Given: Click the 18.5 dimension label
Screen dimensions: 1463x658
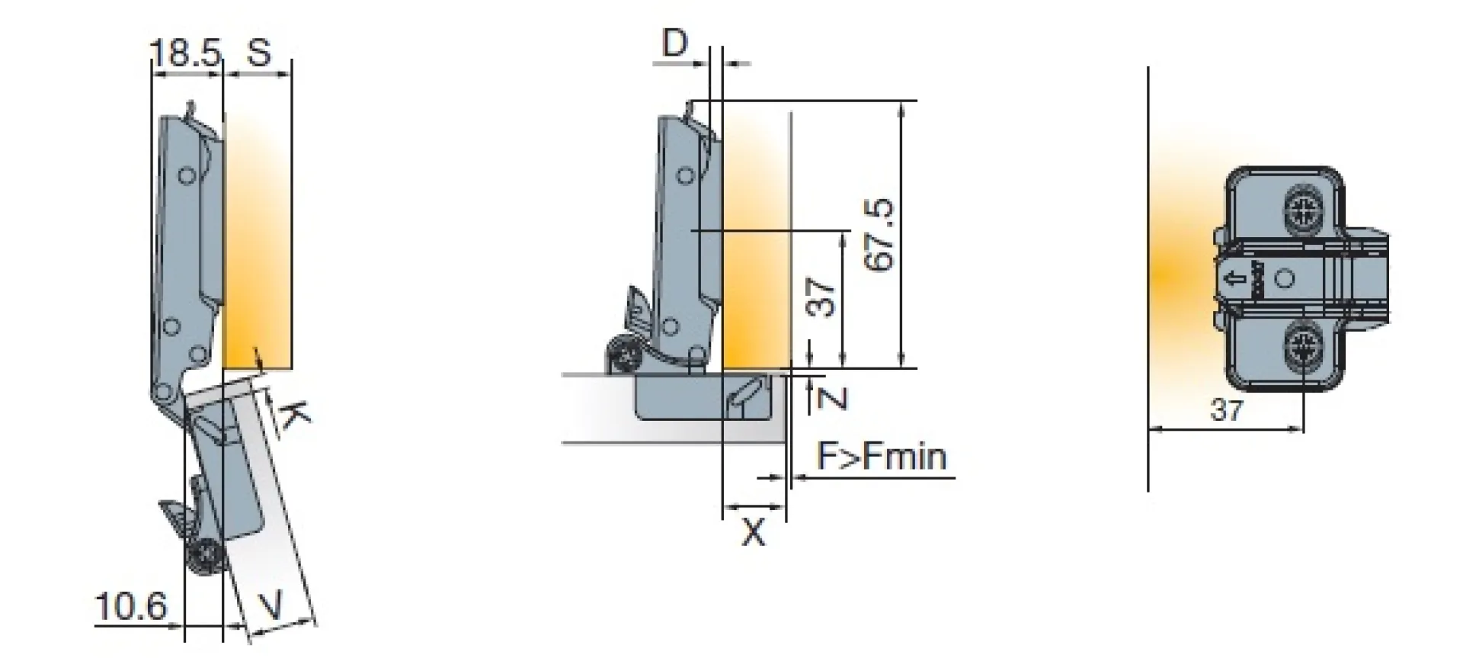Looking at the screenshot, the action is pos(185,53).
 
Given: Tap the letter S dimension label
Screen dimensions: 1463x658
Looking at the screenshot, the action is pos(259,53).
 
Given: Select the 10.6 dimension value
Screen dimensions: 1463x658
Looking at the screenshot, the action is pos(130,607).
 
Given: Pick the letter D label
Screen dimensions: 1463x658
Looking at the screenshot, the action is pos(674,43).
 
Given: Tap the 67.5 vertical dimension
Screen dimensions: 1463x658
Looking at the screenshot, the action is pos(880,235).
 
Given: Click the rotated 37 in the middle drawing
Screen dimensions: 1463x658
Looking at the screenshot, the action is pos(821,297).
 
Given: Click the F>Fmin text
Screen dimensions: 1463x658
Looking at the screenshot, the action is pos(882,456).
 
